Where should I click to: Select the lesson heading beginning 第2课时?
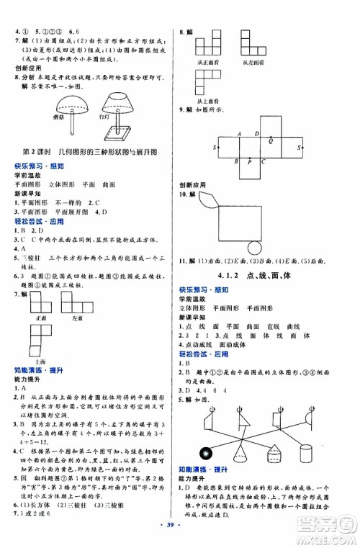point(90,154)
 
